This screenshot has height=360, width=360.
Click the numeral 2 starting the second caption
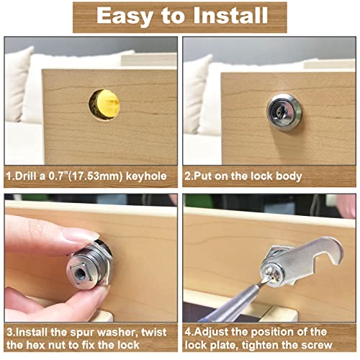point(187,176)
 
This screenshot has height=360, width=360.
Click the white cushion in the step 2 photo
point(202,86)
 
